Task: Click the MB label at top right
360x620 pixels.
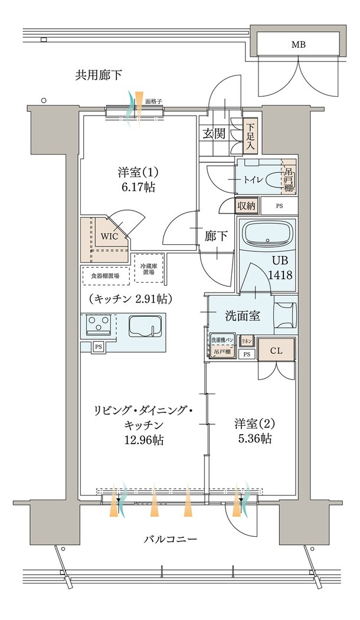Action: tap(298, 45)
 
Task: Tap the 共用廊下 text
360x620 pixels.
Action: tap(99, 75)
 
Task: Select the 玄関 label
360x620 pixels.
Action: tap(214, 133)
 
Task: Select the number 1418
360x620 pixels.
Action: tap(282, 275)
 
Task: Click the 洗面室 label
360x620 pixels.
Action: tap(243, 316)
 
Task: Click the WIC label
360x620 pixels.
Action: tap(110, 236)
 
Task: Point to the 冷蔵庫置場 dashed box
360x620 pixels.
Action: tap(148, 269)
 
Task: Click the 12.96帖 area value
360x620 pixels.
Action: tap(144, 440)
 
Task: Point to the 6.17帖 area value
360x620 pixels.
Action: tap(139, 187)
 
